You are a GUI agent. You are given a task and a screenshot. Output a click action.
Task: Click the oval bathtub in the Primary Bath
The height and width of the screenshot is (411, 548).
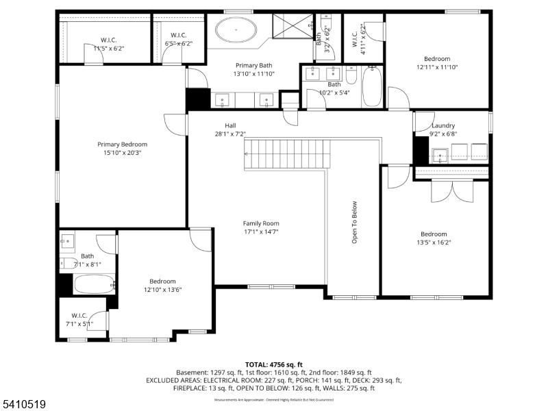(x=237, y=31)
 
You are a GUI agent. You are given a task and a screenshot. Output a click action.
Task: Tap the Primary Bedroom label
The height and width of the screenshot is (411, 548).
(x=122, y=145)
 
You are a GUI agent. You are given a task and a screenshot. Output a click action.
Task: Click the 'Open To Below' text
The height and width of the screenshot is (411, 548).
(x=354, y=222)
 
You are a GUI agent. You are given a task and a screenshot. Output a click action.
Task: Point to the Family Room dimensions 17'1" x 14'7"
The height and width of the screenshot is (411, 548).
(x=260, y=232)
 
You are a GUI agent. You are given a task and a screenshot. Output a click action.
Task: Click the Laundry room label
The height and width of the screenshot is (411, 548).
(x=443, y=125)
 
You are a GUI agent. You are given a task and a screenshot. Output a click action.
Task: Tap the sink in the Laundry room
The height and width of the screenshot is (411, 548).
(x=439, y=153)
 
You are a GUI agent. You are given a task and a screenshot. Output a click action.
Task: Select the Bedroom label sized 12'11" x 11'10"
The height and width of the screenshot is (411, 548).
(x=436, y=59)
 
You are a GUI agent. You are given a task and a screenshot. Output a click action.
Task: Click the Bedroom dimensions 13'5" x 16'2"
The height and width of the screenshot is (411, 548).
(x=434, y=242)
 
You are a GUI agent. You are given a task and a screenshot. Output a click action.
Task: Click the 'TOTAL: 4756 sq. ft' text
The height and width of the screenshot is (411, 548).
(x=273, y=364)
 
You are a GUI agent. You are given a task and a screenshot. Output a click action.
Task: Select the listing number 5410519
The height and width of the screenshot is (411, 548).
(x=24, y=405)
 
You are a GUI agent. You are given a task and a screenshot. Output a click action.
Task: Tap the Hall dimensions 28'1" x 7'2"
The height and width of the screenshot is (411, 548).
(x=230, y=134)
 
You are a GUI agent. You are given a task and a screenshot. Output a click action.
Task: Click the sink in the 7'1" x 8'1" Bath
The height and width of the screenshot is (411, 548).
(x=68, y=240)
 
